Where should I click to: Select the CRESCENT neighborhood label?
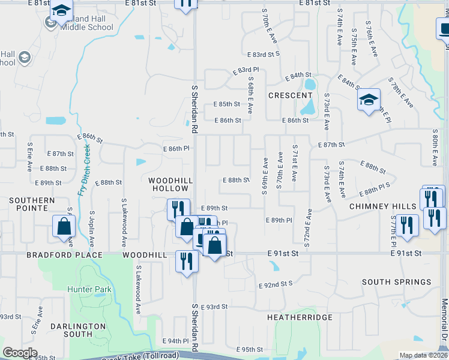coord(290,95)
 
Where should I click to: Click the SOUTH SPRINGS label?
coord(396,282)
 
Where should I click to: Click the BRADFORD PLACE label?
coord(56,255)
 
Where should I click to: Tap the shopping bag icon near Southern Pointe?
coord(64,227)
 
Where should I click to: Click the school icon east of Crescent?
coord(369,99)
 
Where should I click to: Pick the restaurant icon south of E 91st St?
coord(187,261)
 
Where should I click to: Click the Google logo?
coord(20,353)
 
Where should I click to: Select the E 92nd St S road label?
coord(276,284)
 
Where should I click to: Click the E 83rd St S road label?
coord(266,54)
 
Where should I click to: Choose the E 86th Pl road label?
coord(176,148)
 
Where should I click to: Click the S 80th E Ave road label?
coord(435,147)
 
